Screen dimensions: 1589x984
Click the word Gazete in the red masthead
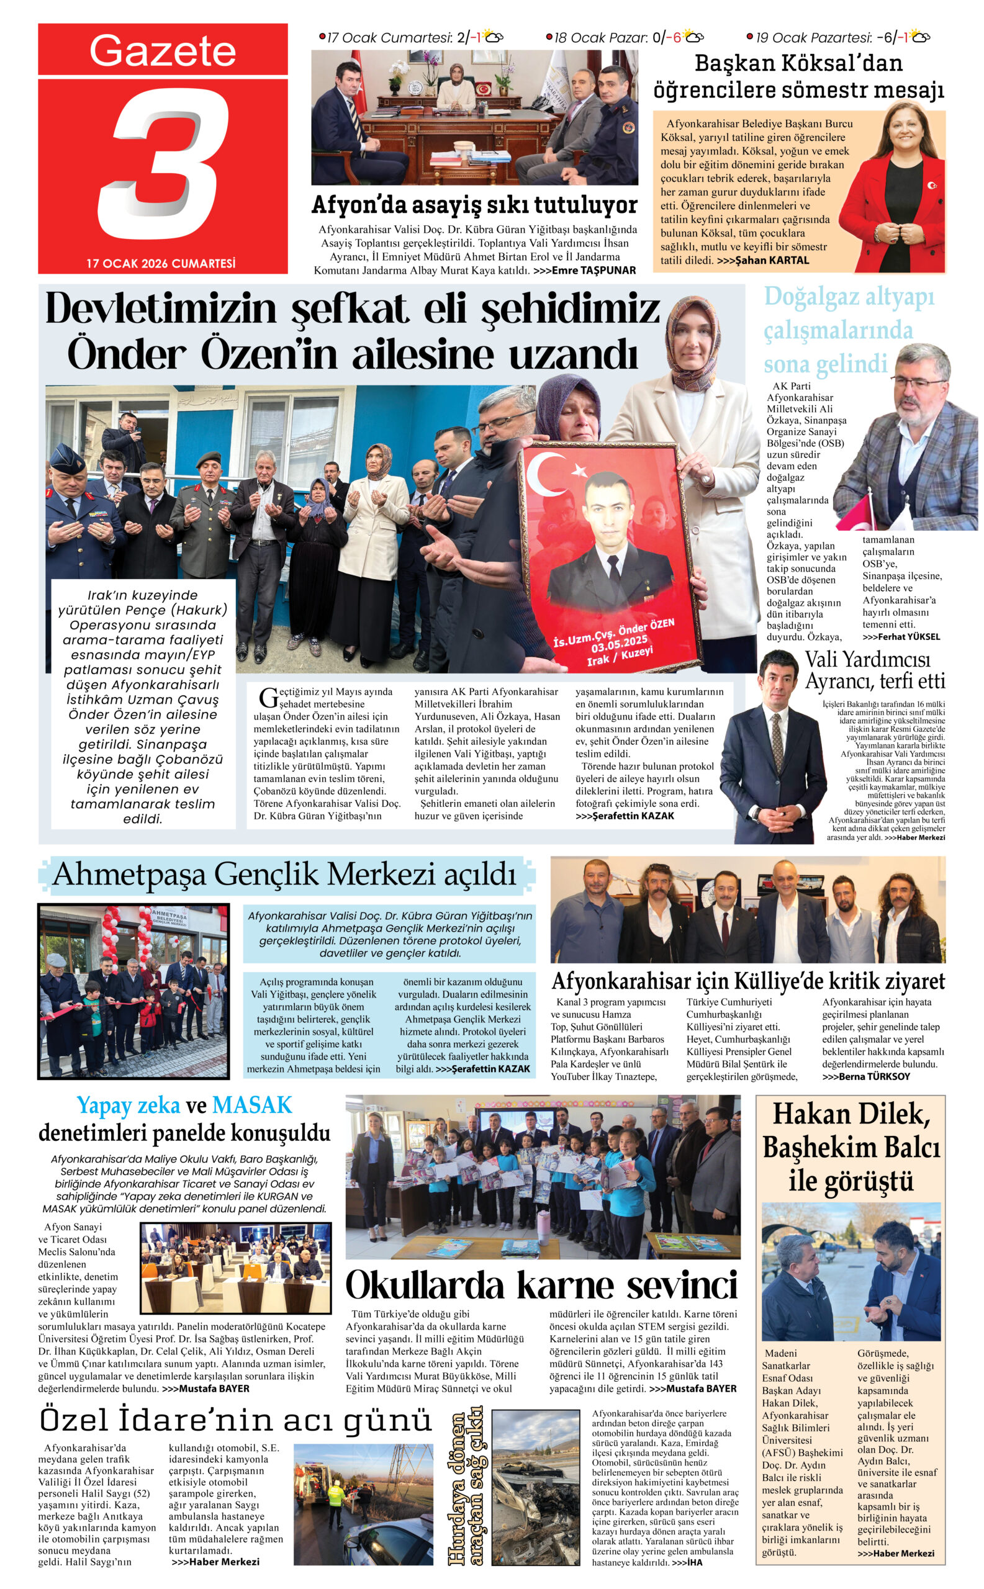tap(162, 51)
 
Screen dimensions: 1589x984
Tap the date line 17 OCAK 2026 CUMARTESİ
tap(161, 264)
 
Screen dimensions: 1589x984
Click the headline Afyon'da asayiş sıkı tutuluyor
tap(474, 205)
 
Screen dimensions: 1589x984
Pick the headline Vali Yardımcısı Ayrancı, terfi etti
tap(874, 671)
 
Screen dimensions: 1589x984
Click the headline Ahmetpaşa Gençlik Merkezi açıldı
tap(284, 874)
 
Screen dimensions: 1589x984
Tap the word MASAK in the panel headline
tap(252, 1105)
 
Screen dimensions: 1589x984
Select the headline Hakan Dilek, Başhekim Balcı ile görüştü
tap(851, 1148)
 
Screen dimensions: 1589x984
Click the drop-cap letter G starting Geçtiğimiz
tap(268, 698)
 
